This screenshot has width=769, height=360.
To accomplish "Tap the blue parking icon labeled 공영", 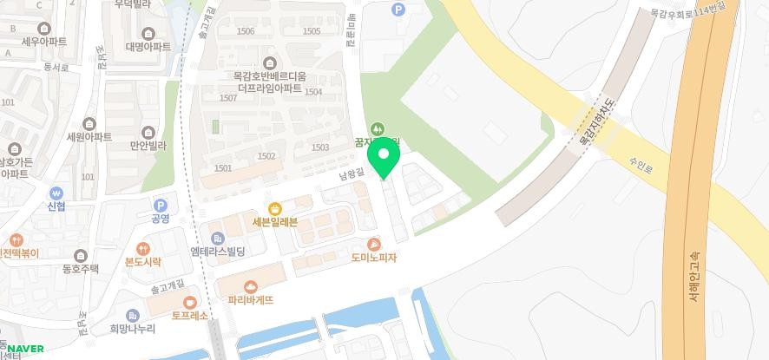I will (160, 205).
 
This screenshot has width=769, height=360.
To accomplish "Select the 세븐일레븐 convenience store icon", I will (275, 208).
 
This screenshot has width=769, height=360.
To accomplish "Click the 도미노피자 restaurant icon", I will (374, 245).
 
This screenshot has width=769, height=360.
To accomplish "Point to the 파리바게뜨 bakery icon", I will (251, 286).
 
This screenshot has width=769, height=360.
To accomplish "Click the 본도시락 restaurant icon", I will (143, 249).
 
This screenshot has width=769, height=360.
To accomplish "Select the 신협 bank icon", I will (56, 193).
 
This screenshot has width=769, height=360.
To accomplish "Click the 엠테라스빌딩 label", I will (218, 252).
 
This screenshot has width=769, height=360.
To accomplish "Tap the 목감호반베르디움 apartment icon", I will (268, 63).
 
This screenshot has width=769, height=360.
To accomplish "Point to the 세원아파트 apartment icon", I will (89, 124).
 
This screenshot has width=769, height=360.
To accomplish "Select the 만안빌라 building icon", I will (148, 133).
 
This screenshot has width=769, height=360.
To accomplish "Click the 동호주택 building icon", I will (81, 255).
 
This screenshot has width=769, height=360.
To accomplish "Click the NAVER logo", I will (26, 350).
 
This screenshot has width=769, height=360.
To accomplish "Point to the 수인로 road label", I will (641, 160).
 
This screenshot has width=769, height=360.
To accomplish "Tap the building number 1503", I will (319, 147).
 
